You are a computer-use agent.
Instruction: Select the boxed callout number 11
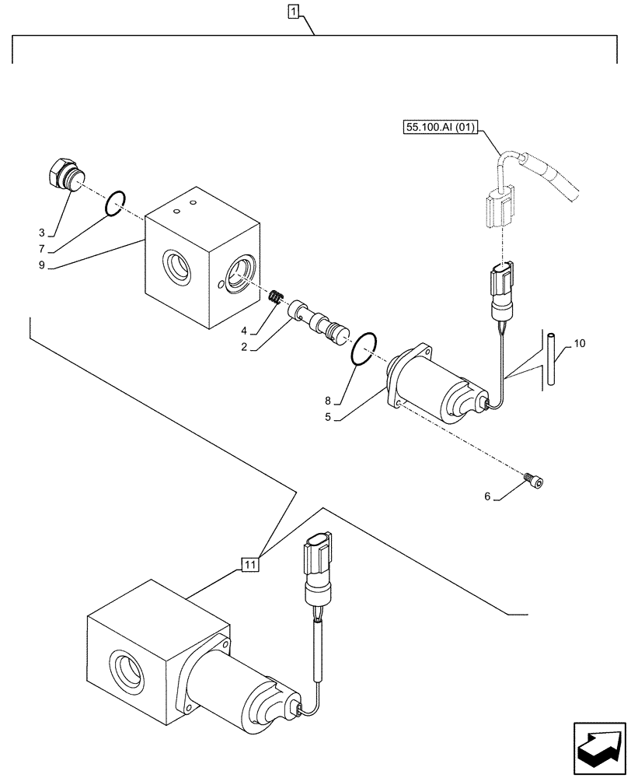(249, 565)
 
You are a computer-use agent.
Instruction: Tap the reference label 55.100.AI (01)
(440, 127)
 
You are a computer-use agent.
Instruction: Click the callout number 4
(244, 331)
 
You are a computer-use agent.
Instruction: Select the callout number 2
(244, 348)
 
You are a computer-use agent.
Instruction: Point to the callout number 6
(487, 496)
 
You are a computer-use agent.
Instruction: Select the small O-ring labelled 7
(114, 204)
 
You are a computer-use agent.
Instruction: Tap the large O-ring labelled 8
(364, 348)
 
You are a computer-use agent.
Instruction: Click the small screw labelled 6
(535, 481)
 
